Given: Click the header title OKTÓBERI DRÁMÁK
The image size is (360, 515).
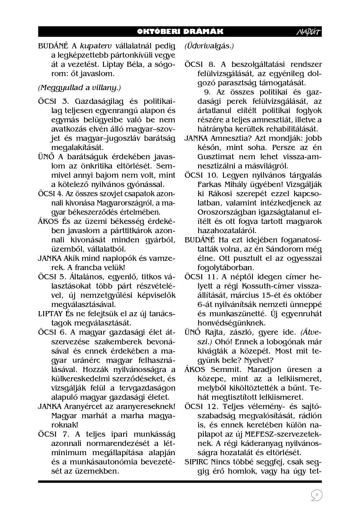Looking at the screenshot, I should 180,32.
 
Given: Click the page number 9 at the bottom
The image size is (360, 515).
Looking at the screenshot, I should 316,495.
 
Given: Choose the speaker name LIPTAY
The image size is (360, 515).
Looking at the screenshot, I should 50,314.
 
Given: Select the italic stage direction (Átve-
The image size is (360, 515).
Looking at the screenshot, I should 311,332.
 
